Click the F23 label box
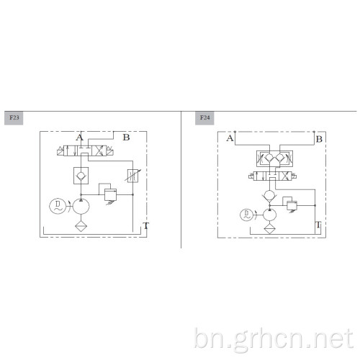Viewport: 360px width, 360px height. [14, 118]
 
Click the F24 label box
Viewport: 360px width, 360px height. [204, 118]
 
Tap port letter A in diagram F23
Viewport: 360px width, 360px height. [80, 138]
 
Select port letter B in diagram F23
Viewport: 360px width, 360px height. [127, 138]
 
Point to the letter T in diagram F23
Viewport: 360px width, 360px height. [146, 226]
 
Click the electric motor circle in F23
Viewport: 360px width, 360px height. [58, 206]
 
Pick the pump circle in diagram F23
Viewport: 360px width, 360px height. [81, 206]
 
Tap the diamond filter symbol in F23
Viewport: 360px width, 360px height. [81, 226]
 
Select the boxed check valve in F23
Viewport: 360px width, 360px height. [81, 176]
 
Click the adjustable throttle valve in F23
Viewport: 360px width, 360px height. [132, 176]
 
